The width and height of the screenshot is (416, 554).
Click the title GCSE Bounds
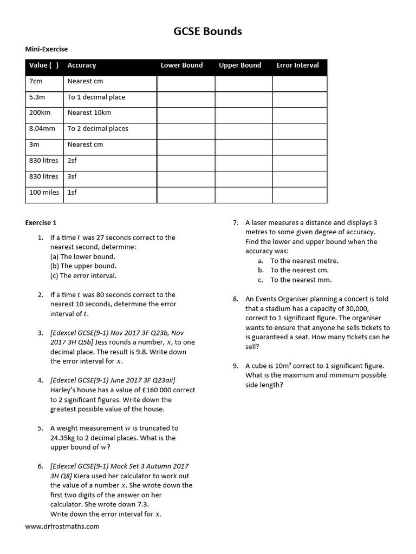pyautogui.click(x=207, y=31)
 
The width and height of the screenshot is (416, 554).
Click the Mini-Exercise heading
pyautogui.click(x=47, y=49)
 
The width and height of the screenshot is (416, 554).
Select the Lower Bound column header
pyautogui.click(x=181, y=65)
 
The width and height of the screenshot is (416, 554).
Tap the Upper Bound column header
pyautogui.click(x=239, y=65)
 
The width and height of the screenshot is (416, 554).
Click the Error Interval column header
pyautogui.click(x=297, y=65)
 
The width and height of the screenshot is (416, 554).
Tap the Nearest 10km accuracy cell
pyautogui.click(x=89, y=113)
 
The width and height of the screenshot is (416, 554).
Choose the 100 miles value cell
pyautogui.click(x=44, y=192)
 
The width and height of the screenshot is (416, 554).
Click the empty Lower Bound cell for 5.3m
pyautogui.click(x=186, y=97)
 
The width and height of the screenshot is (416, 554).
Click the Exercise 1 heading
pyautogui.click(x=41, y=222)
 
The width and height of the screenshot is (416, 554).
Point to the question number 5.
pyautogui.click(x=40, y=428)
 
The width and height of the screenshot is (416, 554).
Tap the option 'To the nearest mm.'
pyautogui.click(x=301, y=280)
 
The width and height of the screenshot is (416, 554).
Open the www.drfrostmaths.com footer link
pyautogui.click(x=62, y=526)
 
